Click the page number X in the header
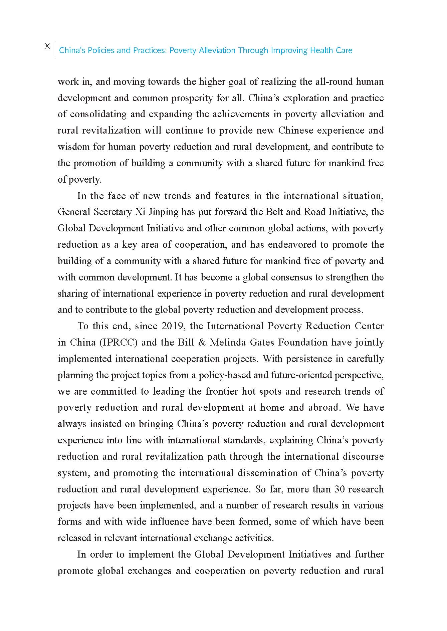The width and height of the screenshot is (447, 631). [47, 46]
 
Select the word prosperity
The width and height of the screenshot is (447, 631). [193, 98]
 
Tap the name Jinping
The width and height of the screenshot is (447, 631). [162, 212]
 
